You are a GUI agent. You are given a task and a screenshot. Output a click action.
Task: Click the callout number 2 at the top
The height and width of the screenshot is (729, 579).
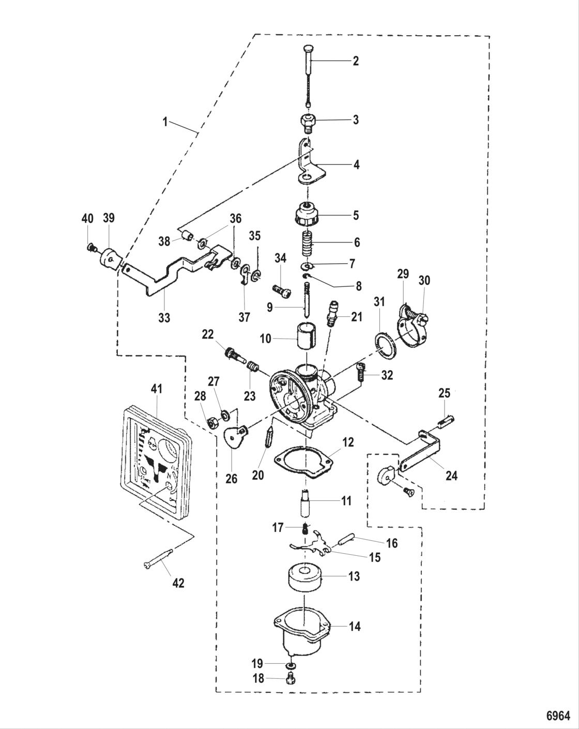click(x=356, y=60)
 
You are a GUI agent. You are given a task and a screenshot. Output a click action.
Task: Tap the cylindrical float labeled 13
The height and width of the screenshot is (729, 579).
click(x=305, y=578)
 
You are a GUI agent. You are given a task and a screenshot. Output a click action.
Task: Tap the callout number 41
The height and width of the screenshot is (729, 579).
click(x=156, y=388)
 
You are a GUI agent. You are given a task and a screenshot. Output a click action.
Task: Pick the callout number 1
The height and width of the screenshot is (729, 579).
click(x=165, y=122)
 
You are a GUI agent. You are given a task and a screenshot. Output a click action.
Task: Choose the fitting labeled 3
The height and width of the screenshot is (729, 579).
click(x=309, y=123)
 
